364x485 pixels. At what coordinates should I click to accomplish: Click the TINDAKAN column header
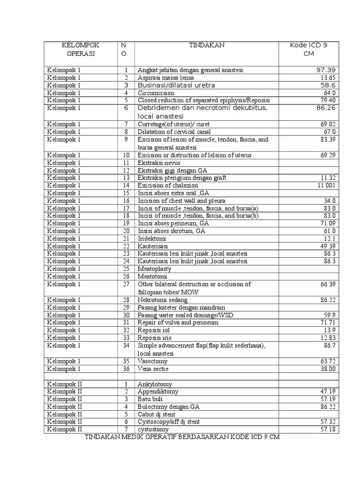coord(207,45)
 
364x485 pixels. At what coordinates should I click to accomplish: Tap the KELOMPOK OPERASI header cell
coord(81,49)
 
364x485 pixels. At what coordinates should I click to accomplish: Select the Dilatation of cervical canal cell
coord(174,132)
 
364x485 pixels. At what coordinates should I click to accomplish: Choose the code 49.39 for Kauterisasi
coord(328,246)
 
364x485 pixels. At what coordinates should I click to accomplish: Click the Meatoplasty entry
coord(154,269)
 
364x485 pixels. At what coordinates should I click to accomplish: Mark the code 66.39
coord(328,284)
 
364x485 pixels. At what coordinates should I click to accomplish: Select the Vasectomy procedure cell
coord(153,361)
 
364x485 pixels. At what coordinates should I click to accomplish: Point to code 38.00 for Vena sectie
coord(328,368)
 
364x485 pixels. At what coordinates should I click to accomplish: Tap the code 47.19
coord(328,392)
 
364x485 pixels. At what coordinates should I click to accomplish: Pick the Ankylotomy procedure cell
coord(155,384)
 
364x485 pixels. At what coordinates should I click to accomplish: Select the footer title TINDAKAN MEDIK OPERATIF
coord(182,437)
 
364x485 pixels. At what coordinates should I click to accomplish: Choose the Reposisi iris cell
coord(154,337)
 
